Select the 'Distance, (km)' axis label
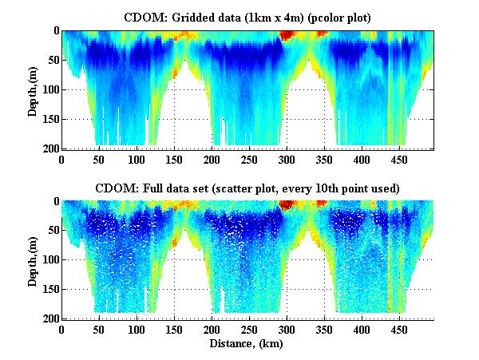pos(247,344)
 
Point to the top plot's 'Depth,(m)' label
pos(33,89)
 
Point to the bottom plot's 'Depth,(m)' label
pos(33,260)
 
